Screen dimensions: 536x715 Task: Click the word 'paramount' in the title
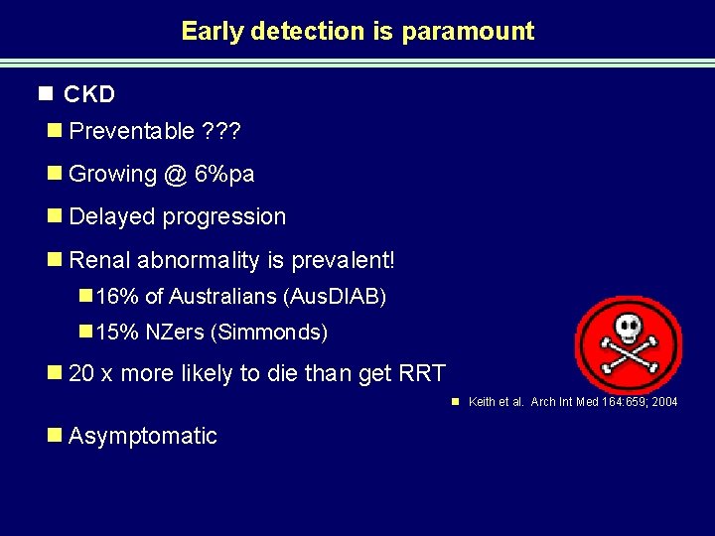tap(468, 31)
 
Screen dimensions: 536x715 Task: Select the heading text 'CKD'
tap(89, 94)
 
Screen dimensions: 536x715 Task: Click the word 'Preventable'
tap(132, 132)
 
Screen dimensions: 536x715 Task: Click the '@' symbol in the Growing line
tap(176, 174)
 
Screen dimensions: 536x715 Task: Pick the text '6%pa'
tap(225, 174)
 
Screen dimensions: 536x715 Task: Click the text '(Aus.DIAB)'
tap(335, 296)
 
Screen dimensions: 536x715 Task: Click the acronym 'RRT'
tap(423, 373)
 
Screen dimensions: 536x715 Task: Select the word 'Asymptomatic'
tap(143, 436)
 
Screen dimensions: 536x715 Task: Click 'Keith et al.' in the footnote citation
tap(496, 402)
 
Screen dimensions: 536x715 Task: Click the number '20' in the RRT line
tap(82, 373)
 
